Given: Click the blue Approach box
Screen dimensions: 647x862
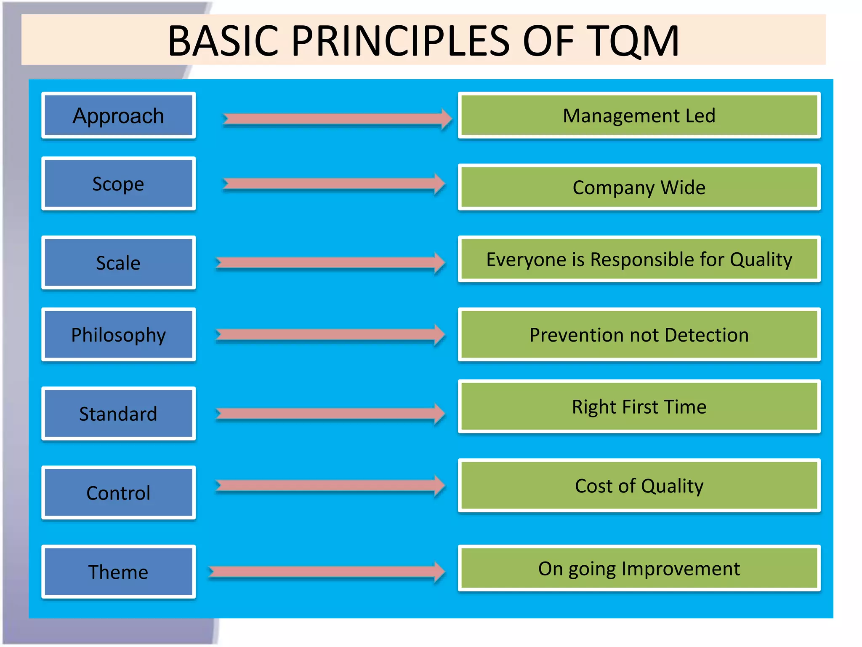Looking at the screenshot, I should point(118,115).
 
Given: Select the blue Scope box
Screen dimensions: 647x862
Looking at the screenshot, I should point(118,184).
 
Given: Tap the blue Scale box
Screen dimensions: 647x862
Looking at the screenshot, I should point(118,262).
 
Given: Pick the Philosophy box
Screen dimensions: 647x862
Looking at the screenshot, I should point(118,334).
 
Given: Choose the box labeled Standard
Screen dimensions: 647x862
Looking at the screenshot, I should point(118,413).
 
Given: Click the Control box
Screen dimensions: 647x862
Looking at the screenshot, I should point(118,492).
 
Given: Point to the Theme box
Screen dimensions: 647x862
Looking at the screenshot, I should point(118,572).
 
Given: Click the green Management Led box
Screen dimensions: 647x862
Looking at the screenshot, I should point(639,115).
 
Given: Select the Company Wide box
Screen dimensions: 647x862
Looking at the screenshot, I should point(639,187).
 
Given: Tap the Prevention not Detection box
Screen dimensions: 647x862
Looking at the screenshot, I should point(639,334).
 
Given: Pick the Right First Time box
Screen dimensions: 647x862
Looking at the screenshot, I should point(639,406).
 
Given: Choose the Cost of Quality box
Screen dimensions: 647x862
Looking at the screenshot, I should point(639,485).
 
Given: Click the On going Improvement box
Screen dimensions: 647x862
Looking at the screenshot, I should point(639,568).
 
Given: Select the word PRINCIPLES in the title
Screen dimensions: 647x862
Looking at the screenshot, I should point(400,41).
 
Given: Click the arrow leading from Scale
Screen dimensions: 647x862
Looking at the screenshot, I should point(328,263).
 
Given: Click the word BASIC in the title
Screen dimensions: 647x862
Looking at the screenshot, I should point(223,41).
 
